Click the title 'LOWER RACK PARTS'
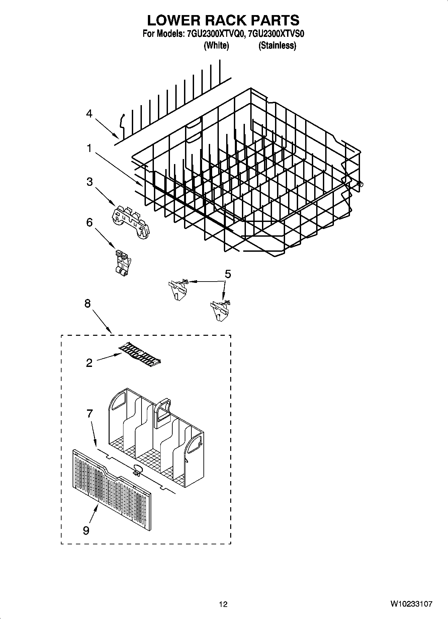(223, 20)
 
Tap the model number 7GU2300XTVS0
(277, 34)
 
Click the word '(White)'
(216, 46)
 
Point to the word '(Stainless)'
(277, 46)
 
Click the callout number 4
(89, 114)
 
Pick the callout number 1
(89, 148)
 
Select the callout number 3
(89, 182)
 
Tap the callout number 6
(89, 222)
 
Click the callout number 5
(228, 274)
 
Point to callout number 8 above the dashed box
(87, 304)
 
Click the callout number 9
(86, 530)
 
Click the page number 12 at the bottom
(223, 604)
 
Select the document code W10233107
(411, 604)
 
